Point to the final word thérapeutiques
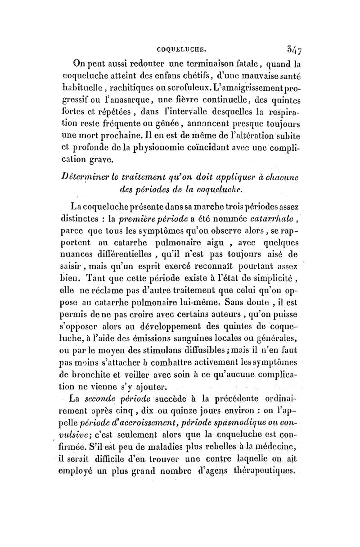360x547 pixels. click(265, 470)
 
